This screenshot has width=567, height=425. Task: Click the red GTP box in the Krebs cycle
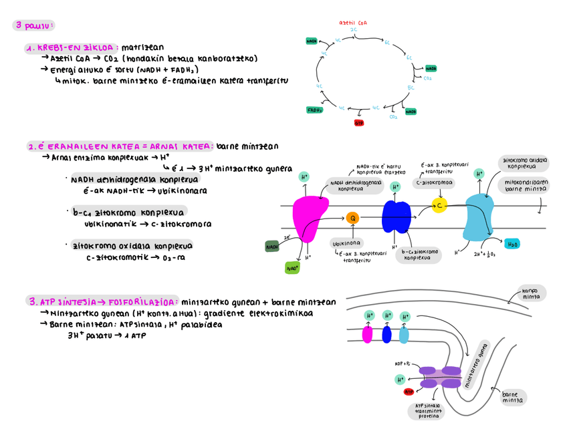(x=359, y=122)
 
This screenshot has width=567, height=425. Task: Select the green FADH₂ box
(x=315, y=110)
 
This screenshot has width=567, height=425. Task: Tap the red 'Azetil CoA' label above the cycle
(x=353, y=23)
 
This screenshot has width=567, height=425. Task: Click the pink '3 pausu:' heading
(x=34, y=26)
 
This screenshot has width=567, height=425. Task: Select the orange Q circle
(x=352, y=217)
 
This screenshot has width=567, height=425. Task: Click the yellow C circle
(x=439, y=204)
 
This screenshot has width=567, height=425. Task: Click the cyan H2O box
(x=512, y=244)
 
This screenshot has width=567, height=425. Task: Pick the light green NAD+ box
(x=293, y=267)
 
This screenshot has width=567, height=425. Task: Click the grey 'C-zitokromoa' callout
(x=434, y=182)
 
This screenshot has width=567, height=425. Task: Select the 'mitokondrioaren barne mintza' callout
(x=526, y=185)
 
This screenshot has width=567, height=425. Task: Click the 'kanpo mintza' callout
(x=532, y=292)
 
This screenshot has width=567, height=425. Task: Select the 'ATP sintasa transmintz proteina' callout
(x=429, y=410)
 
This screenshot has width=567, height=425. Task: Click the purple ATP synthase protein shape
(x=440, y=377)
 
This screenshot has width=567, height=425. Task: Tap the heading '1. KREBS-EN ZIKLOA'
(x=70, y=48)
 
